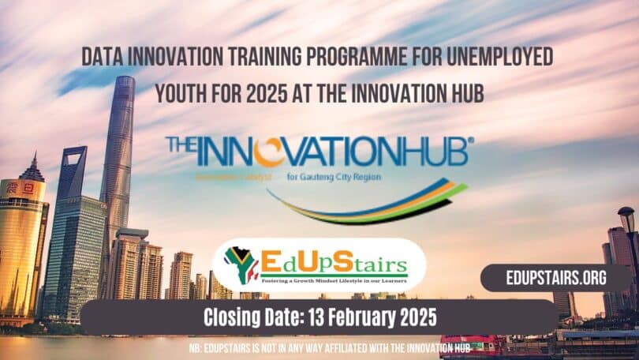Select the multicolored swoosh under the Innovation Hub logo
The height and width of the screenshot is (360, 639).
click(371, 201)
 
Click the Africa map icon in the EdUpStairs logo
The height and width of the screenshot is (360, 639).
click(238, 261)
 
